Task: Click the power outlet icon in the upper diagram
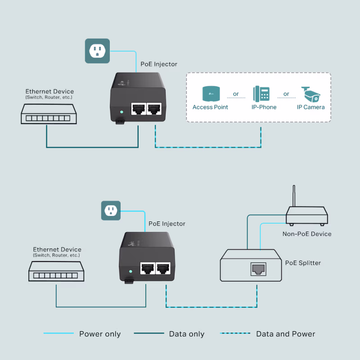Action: point(97,50)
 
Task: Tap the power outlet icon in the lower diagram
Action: point(111,210)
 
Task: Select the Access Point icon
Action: point(210,93)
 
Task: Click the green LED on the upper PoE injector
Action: point(121,112)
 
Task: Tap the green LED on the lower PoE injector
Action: point(130,272)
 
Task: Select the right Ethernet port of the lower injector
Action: point(162,269)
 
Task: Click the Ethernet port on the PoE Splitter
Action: point(258,269)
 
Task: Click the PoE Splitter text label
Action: point(303,263)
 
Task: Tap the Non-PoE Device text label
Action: point(307,234)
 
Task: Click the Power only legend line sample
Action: point(58,333)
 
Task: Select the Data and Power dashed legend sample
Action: point(235,333)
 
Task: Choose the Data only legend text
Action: point(186,334)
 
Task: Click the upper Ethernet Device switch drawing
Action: point(49,114)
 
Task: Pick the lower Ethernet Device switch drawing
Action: point(56,273)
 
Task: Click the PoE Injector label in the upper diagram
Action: point(159,64)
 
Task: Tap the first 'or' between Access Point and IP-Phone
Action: point(236,94)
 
